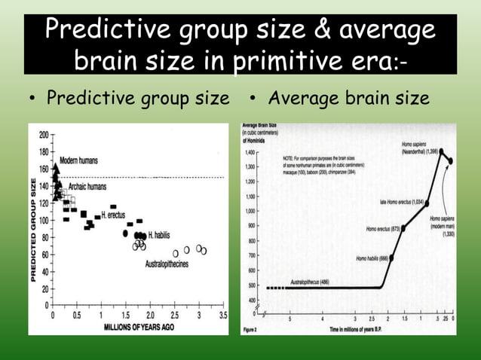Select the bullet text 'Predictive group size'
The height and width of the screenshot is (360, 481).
coord(138,98)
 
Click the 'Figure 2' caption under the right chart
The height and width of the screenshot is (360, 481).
coord(250,328)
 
